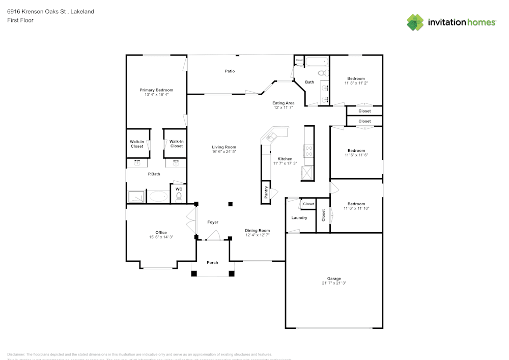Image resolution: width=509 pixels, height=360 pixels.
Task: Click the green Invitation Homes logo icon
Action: [x=415, y=22]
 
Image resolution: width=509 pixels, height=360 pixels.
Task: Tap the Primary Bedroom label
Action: [x=156, y=90]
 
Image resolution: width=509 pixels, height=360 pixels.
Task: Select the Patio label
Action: [x=230, y=71]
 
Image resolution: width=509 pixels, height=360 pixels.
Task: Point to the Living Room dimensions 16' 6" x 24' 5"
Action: [x=224, y=152]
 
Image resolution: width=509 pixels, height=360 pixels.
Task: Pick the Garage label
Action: [x=334, y=279]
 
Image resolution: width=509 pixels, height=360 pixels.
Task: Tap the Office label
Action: [x=161, y=233]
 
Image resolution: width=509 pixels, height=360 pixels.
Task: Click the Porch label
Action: [x=212, y=263]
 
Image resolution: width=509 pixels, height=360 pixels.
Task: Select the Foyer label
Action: [x=212, y=223]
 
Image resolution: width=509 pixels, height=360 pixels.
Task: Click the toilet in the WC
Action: [x=179, y=199]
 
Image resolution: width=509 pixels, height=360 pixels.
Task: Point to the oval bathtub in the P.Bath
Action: [x=158, y=197]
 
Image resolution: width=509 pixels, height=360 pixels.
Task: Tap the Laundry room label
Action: [x=299, y=218]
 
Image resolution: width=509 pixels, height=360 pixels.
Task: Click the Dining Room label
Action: [x=257, y=231]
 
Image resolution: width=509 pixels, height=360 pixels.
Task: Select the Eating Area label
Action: [x=284, y=103]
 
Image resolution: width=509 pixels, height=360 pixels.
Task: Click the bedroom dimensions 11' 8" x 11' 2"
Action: [x=356, y=83]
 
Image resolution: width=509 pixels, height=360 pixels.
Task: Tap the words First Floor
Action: [x=20, y=20]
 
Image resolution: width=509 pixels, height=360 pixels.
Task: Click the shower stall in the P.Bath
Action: [x=136, y=197]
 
